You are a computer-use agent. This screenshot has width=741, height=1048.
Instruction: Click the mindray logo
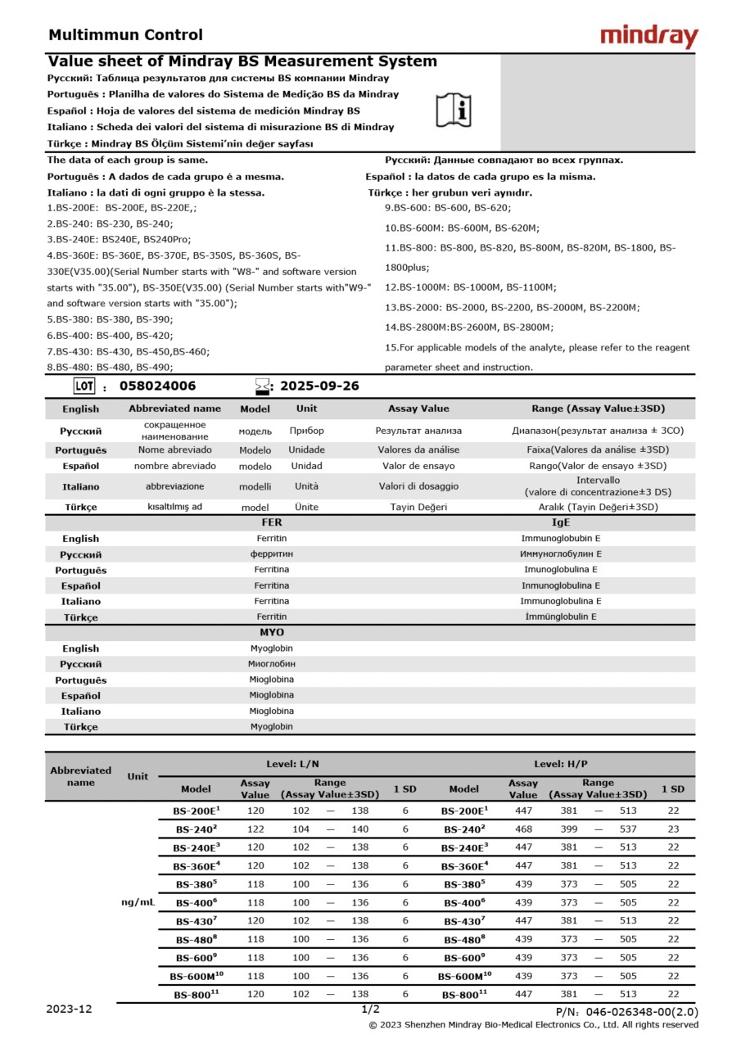pos(648,36)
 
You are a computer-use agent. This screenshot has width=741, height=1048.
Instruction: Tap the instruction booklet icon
pos(453,111)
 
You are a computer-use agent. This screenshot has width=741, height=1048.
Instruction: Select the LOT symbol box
pos(84,386)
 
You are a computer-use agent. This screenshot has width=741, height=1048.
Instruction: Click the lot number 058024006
pos(158,386)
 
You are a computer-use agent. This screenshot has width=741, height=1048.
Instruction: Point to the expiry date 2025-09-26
pos(319,386)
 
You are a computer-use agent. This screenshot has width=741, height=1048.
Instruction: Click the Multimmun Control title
pos(125,35)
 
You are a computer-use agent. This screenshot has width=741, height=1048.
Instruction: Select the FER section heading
pos(272,522)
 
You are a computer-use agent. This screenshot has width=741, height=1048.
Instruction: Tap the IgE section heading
pos(561,522)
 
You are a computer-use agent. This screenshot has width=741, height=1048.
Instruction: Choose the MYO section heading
pos(272,632)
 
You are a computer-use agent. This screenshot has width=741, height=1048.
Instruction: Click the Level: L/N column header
pos(293,764)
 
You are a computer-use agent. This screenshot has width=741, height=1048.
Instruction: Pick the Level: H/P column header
pos(561,764)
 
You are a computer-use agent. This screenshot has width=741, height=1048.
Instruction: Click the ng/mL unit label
pos(138,901)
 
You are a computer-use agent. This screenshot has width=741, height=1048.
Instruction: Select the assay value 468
pos(523,829)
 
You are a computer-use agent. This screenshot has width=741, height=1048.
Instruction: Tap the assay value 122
pos(255,829)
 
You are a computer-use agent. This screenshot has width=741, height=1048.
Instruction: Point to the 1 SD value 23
pos(673,829)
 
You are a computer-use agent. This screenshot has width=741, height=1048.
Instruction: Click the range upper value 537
pos(629,829)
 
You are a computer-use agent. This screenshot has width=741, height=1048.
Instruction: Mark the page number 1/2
pos(370,1010)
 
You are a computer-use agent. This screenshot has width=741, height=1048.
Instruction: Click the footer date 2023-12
pos(69,1010)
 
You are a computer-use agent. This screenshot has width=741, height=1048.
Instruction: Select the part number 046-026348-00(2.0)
pos(626,1013)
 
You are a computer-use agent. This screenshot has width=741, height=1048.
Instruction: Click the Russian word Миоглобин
pos(272,664)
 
